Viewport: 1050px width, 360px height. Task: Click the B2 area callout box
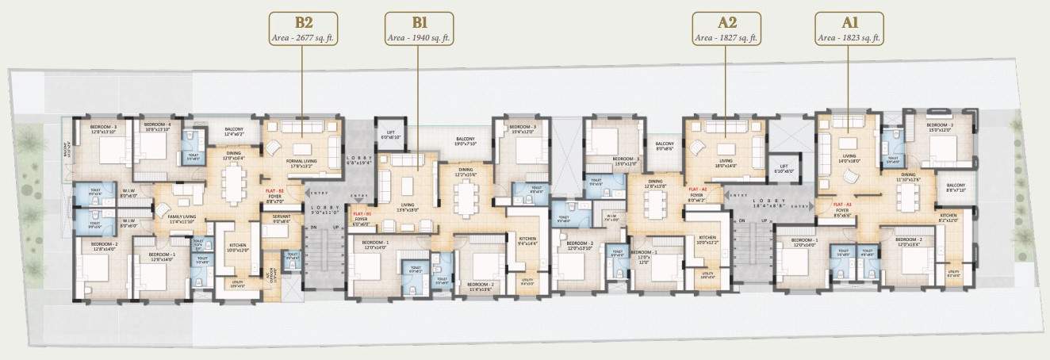303,29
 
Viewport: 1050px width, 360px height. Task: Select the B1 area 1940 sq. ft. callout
419,29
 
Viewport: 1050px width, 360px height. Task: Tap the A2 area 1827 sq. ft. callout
726,29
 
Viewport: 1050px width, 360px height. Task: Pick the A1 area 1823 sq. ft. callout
849,29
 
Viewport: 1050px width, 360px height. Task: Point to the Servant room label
282,219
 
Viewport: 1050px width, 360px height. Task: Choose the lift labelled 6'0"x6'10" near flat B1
390,136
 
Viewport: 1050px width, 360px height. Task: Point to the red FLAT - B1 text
362,215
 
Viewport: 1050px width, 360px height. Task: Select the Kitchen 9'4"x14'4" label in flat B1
528,241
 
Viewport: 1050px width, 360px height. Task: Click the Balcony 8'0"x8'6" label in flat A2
663,147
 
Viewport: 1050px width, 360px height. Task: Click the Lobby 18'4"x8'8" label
765,203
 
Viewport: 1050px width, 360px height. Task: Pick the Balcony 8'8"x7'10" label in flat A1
950,188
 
